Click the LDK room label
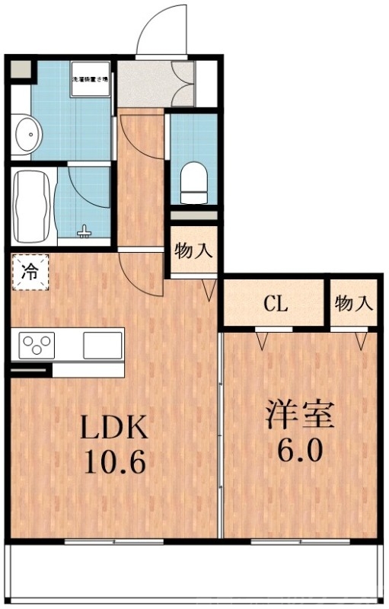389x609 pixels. pos(113,428)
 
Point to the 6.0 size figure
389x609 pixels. pos(299,449)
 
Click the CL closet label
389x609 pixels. pos(275,304)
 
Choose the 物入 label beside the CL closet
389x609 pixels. pos(354,304)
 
